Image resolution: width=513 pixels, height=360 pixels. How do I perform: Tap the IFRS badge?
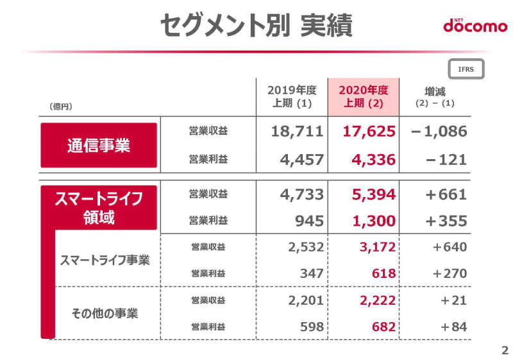point(466,69)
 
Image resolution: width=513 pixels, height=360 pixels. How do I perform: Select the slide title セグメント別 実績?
point(256,26)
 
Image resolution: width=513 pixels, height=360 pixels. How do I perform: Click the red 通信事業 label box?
point(99,145)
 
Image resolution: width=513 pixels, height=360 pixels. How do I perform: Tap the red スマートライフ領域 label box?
point(99,207)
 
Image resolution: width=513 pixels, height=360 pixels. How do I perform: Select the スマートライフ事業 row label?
point(105,261)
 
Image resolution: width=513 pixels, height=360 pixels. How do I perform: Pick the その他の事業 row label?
point(105,314)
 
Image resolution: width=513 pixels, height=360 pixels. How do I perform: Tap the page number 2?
point(503,350)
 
